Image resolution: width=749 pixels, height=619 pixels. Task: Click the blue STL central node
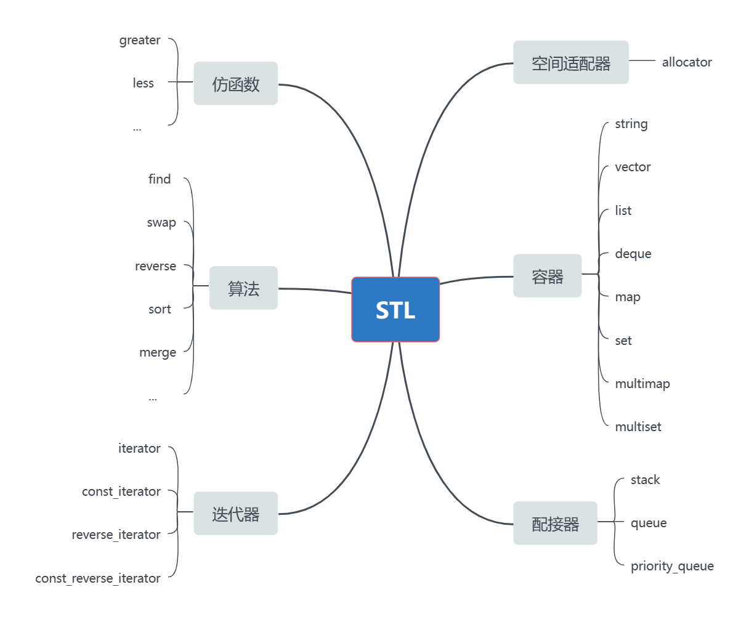395,309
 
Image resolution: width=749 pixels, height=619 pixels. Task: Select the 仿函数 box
235,84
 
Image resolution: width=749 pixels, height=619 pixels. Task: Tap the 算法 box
243,288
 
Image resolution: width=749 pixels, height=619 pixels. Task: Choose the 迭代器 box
235,513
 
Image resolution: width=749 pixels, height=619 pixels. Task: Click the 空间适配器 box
570,62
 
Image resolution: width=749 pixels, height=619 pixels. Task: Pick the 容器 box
547,276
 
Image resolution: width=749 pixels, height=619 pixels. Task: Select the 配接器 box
555,523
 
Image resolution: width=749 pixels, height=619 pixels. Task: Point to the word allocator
687,62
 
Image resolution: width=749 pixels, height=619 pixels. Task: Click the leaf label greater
140,41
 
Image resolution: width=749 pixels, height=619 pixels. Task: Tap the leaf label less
143,83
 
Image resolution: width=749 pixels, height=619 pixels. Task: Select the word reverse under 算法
155,266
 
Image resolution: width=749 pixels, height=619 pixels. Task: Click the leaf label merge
158,353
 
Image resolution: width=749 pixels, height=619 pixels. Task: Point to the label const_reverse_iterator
98,578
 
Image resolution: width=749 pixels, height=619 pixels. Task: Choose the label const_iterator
121,492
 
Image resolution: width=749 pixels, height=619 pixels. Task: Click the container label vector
633,167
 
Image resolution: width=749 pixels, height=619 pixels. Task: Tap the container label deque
633,254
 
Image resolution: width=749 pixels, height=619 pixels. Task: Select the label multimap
642,384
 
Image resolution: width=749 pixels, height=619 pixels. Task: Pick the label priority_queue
672,566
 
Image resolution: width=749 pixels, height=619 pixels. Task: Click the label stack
645,480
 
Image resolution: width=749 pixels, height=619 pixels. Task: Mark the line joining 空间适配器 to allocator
642,61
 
